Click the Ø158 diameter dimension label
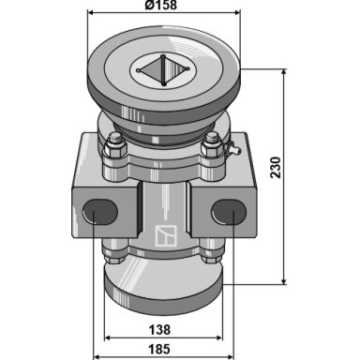(160, 5)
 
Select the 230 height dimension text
(276, 168)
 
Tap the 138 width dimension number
(159, 329)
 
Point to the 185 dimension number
(159, 349)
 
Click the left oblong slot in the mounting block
(99, 212)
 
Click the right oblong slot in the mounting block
(229, 212)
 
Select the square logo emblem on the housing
(166, 236)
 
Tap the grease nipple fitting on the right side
(232, 148)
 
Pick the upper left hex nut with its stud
(115, 145)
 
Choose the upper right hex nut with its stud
(212, 145)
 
